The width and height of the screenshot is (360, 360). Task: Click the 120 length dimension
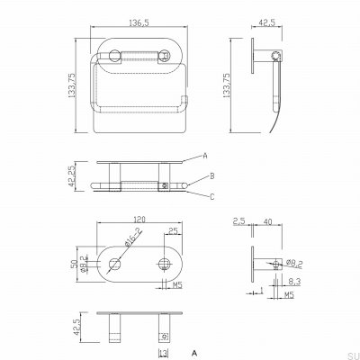pyautogui.click(x=137, y=219)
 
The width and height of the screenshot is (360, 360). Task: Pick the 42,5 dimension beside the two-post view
pyautogui.click(x=75, y=326)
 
